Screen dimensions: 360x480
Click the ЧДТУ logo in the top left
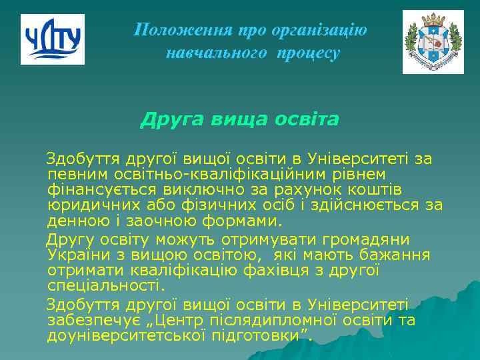53,39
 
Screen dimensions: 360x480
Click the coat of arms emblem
433,42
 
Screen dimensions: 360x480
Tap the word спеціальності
104,287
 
